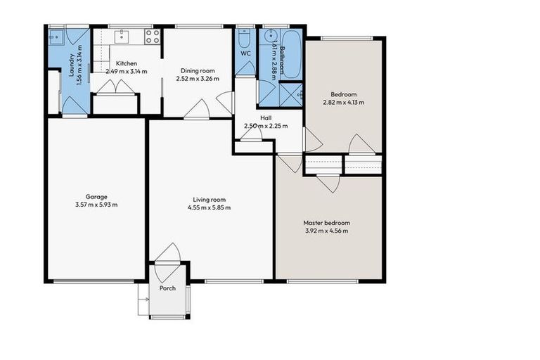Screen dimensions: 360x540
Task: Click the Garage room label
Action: pos(96,197)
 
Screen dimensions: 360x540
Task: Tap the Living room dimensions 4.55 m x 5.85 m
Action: pos(210,207)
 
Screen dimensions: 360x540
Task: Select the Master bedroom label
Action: pos(327,223)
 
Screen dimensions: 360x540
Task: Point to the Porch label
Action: pos(167,289)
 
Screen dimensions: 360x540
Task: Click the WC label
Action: pos(245,53)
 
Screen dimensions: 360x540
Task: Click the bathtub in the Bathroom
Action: pos(290,49)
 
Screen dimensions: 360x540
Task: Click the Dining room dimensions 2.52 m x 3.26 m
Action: pos(203,78)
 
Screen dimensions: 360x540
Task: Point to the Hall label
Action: pos(266,118)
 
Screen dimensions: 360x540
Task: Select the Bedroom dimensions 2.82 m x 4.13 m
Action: pos(344,103)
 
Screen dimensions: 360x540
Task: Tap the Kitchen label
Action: pos(127,63)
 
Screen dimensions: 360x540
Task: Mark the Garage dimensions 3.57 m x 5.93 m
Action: pos(96,205)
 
